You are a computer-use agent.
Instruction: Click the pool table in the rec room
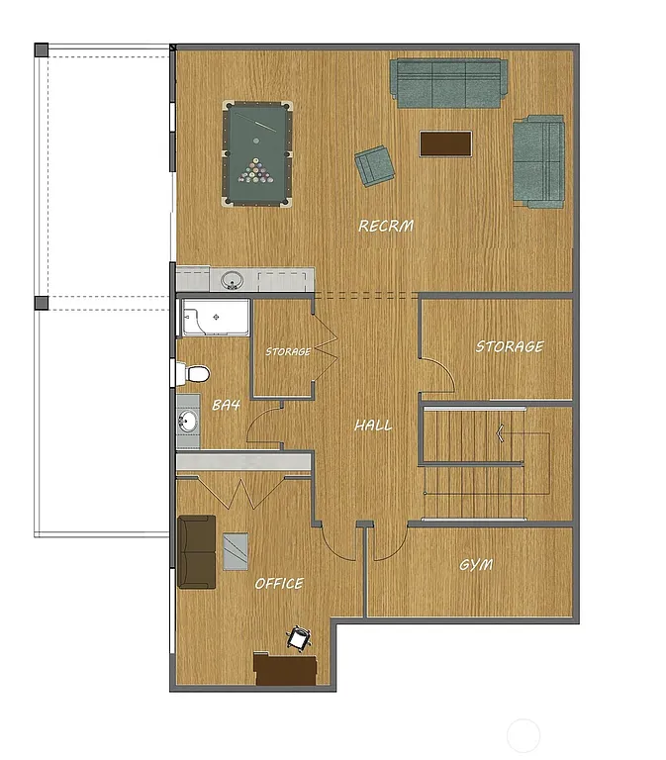pos(258,153)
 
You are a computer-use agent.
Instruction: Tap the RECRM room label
pos(386,227)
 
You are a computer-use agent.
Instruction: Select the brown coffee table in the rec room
pos(445,143)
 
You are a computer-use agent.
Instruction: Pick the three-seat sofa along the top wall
pos(447,82)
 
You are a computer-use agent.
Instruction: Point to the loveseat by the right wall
pos(538,160)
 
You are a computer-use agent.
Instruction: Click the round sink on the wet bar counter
pos(233,280)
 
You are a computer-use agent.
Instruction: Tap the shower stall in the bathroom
pos(214,320)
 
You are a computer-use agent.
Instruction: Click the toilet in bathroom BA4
pos(194,373)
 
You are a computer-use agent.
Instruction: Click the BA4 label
pos(227,405)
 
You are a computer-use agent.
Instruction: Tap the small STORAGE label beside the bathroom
pos(288,351)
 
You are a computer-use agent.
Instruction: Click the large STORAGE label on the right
pos(509,347)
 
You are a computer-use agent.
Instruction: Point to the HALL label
pos(373,426)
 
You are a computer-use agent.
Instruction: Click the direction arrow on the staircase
pos(503,431)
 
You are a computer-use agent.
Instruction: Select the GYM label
pos(476,565)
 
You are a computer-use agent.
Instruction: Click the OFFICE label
pos(279,584)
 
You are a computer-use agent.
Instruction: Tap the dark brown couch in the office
pos(196,551)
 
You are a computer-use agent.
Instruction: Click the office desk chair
pos(298,639)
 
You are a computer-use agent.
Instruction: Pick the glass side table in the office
pos(237,551)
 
